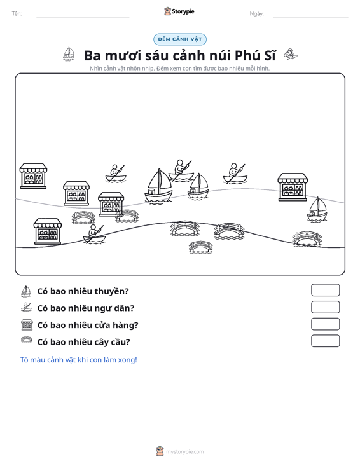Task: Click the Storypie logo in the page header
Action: [179, 11]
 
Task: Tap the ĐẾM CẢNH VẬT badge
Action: [180, 39]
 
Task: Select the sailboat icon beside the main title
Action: [69, 54]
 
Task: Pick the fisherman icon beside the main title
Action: [291, 54]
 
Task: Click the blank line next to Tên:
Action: [83, 17]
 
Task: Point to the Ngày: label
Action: [256, 14]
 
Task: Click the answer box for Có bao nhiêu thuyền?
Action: [325, 290]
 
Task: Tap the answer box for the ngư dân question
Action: [325, 307]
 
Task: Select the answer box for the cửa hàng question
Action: [325, 324]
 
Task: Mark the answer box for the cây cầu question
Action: [325, 341]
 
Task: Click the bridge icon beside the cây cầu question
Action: [27, 339]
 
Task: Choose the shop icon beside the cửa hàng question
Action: [27, 324]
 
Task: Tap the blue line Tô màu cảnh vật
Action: [78, 360]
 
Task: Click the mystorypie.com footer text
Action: [184, 452]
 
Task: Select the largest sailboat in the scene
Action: [158, 186]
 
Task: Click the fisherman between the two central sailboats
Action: [181, 170]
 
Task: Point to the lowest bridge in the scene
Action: [200, 247]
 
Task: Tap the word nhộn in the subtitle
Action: [134, 69]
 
